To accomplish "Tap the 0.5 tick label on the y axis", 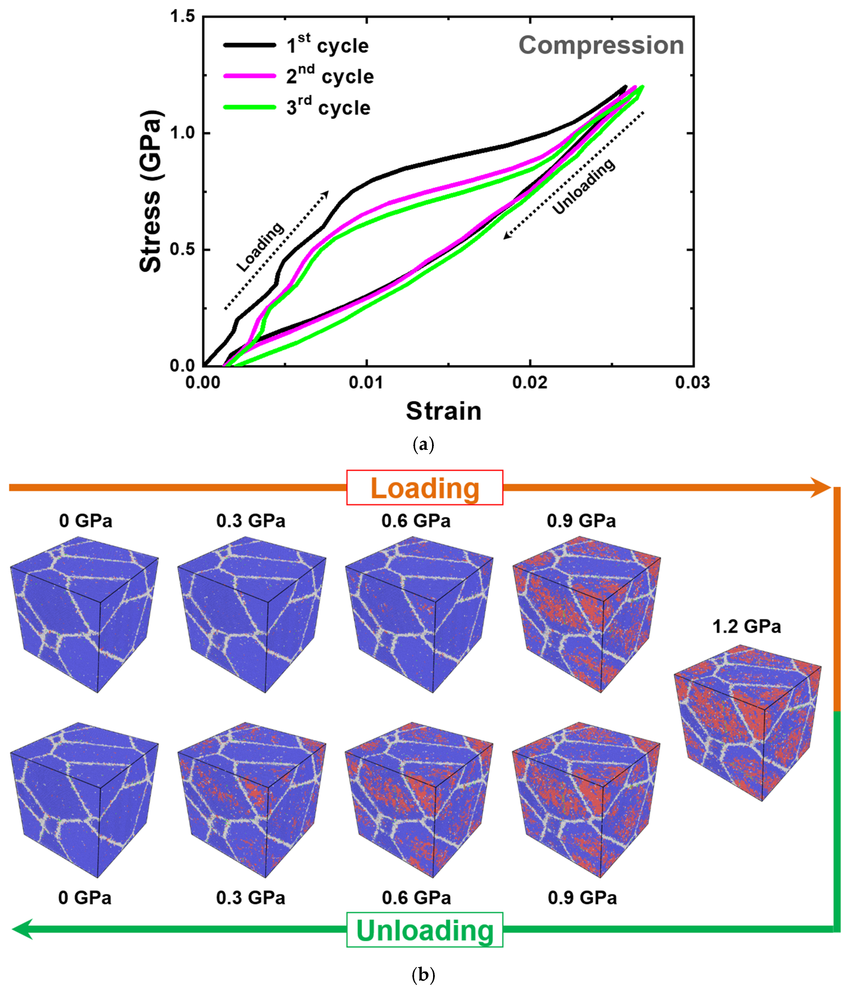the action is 183,249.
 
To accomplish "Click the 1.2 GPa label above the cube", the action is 747,626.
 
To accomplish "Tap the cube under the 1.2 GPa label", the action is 748,723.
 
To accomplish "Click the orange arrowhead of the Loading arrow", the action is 821,487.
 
